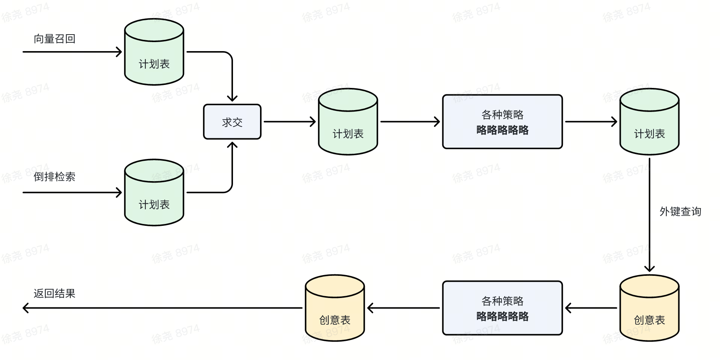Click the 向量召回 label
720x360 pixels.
coord(54,39)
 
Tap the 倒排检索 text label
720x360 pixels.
coord(54,177)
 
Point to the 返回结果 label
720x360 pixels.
coord(54,293)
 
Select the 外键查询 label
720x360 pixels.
coord(680,212)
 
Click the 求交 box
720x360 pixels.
coord(232,122)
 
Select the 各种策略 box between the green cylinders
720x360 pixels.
coord(502,122)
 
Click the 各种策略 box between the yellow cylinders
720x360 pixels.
coord(502,308)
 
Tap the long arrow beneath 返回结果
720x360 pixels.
coord(162,308)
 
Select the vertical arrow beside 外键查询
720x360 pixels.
coord(649,214)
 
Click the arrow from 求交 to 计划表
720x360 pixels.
coord(289,122)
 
